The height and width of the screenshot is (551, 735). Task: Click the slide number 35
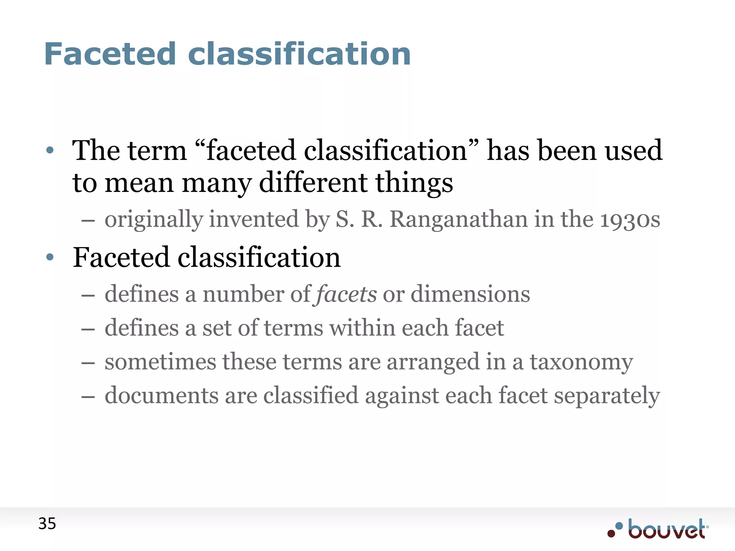(x=47, y=524)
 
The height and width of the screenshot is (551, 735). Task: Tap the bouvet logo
(x=659, y=529)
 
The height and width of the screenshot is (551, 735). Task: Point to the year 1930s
(x=630, y=219)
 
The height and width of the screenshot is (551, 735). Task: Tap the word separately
(x=607, y=395)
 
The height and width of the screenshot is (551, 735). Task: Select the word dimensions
(x=470, y=294)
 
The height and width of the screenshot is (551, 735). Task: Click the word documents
(x=161, y=395)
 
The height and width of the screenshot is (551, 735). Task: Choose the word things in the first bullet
(x=414, y=183)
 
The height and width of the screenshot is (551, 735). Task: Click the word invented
(x=254, y=219)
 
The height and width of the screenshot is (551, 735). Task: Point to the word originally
(x=154, y=219)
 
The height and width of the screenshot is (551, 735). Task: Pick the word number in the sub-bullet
(x=243, y=294)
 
